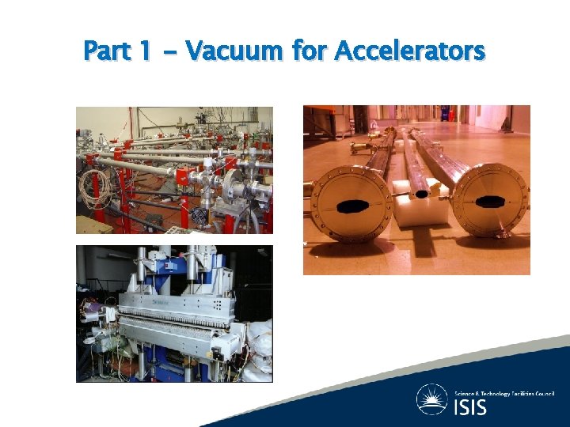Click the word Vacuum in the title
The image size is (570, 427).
[234, 51]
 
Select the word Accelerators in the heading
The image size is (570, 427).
[409, 51]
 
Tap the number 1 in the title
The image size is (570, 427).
[143, 51]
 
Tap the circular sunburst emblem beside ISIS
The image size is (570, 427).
[432, 399]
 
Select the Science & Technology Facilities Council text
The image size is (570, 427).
[504, 392]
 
